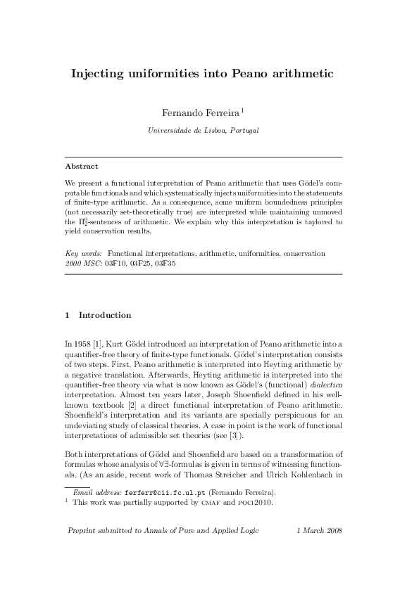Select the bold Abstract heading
tap(81, 167)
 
